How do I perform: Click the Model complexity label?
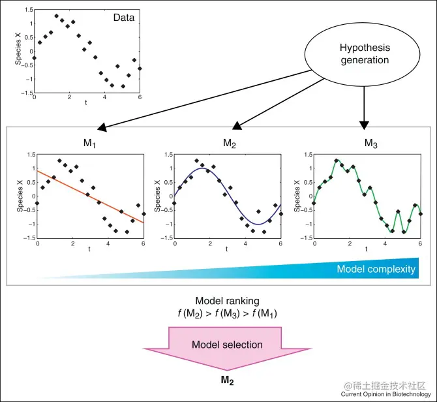point(376,269)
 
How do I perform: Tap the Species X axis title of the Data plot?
point(18,49)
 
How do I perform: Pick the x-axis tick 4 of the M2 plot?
point(246,243)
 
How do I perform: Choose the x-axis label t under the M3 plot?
point(366,249)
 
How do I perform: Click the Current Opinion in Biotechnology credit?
point(385,394)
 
